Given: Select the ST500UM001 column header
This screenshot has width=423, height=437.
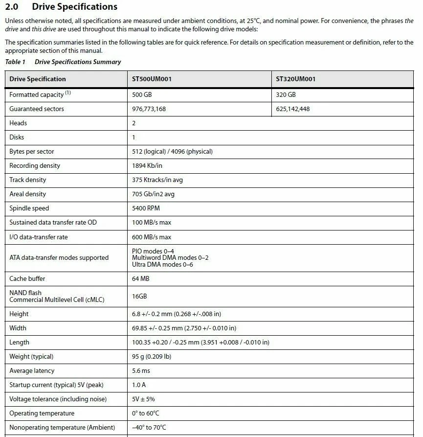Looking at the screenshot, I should pyautogui.click(x=152, y=79).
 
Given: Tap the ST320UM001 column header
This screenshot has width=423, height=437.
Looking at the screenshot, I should pyautogui.click(x=295, y=79).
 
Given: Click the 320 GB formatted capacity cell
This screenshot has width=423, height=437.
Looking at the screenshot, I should pyautogui.click(x=286, y=94).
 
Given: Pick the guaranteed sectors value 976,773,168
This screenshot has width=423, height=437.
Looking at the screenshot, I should pyautogui.click(x=149, y=109).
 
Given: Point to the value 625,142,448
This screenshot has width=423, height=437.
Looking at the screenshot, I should pyautogui.click(x=292, y=109).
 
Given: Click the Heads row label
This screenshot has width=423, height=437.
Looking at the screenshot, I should pyautogui.click(x=18, y=123).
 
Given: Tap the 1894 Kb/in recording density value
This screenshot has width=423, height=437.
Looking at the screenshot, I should pyautogui.click(x=147, y=165).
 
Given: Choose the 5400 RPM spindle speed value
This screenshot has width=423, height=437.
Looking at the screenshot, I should pyautogui.click(x=146, y=208).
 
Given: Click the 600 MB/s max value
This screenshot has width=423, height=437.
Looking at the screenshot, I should pyautogui.click(x=152, y=237).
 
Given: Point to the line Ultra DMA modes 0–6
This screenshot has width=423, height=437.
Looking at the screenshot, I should pyautogui.click(x=162, y=264).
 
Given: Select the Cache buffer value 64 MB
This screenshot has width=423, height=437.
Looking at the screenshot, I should pyautogui.click(x=141, y=278).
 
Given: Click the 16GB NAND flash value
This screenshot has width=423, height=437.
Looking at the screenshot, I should pyautogui.click(x=139, y=296).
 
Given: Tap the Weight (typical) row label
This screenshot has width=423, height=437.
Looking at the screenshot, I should pyautogui.click(x=31, y=356).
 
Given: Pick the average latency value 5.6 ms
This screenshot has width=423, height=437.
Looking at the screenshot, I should pyautogui.click(x=141, y=370).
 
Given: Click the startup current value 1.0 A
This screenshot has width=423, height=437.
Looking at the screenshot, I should pyautogui.click(x=139, y=385).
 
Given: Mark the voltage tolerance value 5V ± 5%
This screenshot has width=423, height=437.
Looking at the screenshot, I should pyautogui.click(x=143, y=399).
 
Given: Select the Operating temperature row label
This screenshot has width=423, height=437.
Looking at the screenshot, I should pyautogui.click(x=42, y=414).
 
